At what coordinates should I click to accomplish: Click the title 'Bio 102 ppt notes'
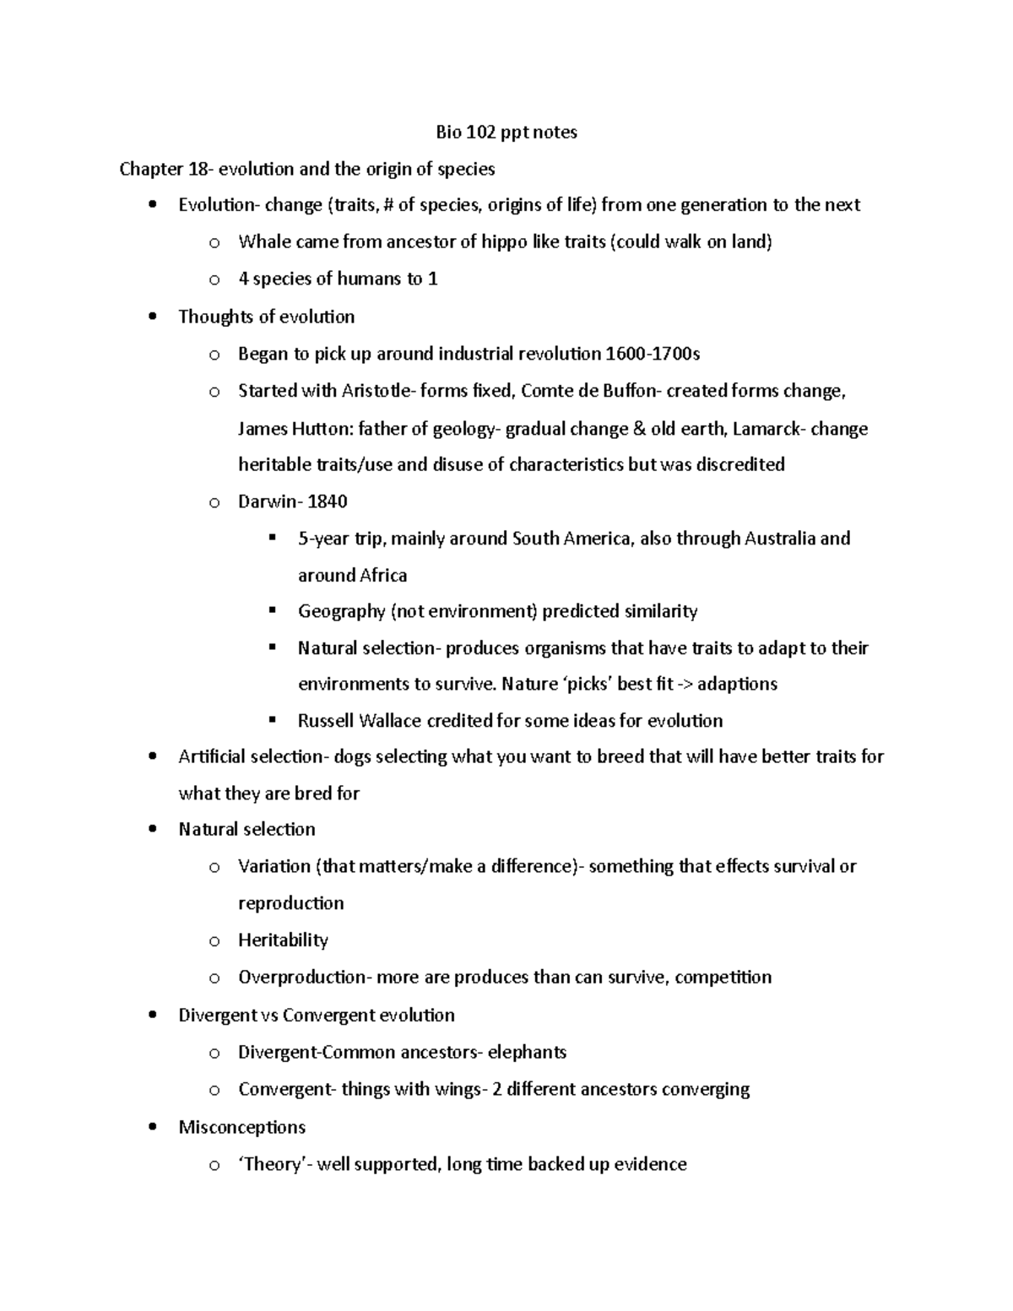506,132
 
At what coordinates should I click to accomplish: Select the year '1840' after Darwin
328,501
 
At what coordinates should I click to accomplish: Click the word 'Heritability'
283,940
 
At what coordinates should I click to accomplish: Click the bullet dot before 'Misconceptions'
152,1128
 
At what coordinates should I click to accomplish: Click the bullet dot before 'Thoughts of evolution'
152,317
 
